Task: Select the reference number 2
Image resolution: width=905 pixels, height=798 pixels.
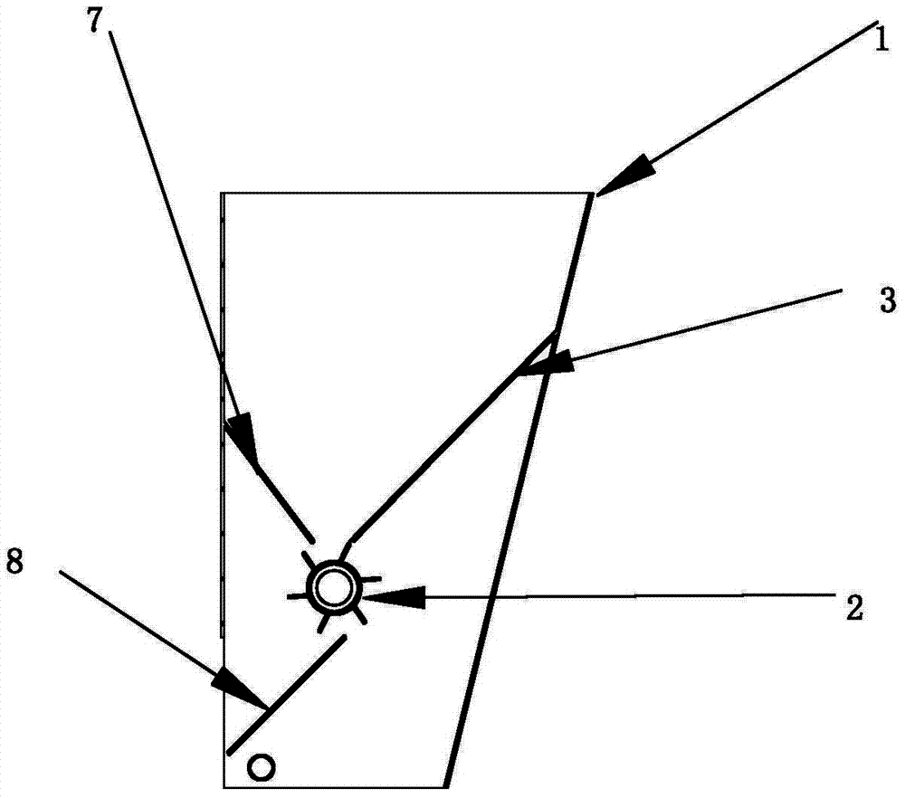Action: click(853, 608)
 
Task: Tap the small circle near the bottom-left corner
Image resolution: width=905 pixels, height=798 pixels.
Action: click(262, 767)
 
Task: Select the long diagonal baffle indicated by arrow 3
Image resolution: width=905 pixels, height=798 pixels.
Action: click(452, 434)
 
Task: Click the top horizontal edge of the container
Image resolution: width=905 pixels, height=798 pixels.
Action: click(407, 193)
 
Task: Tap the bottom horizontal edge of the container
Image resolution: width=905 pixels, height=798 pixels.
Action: click(335, 786)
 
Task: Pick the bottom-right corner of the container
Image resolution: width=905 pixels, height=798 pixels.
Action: click(445, 786)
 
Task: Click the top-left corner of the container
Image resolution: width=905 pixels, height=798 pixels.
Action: click(224, 194)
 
